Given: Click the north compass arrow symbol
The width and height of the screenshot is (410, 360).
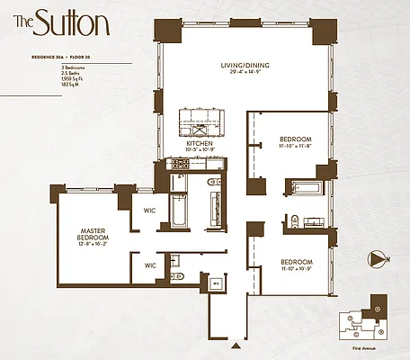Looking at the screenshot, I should point(376,259).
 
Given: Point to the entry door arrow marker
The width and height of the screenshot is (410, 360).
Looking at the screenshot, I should point(236,345).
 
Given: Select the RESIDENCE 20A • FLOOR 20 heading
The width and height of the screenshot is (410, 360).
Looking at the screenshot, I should point(56,57).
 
